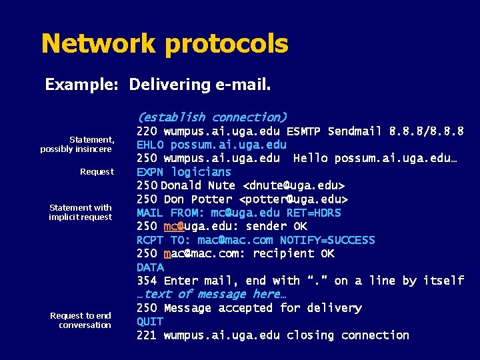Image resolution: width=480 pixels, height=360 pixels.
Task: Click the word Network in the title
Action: pos(99,44)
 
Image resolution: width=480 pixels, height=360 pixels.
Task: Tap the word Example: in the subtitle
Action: pos(81,85)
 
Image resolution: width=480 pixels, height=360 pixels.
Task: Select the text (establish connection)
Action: pos(212,117)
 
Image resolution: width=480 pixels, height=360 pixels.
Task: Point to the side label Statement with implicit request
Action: pos(81,212)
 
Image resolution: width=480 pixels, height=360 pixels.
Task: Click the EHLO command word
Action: pos(150,145)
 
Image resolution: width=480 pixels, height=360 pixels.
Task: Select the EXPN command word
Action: pos(150,172)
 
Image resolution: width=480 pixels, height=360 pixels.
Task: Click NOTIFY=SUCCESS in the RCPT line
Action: pos(327,240)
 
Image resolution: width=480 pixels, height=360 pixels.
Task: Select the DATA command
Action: pos(150,267)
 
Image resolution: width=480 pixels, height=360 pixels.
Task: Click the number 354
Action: pos(147,281)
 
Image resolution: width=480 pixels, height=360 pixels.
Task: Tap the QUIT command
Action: pos(150,321)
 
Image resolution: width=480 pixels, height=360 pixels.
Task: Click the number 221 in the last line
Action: pos(147,335)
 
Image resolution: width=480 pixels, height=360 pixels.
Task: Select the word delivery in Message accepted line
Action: pos(334,308)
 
